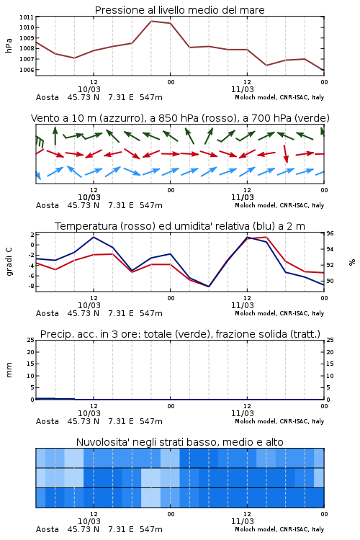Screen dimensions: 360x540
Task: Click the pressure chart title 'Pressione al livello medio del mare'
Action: (x=179, y=10)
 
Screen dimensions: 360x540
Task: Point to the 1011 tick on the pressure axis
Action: (x=27, y=17)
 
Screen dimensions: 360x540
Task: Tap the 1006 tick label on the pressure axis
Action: (x=27, y=70)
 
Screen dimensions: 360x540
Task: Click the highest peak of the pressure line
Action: (x=151, y=21)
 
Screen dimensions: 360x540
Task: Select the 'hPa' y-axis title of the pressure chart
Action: (x=9, y=45)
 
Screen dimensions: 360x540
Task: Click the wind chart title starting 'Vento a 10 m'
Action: (x=180, y=118)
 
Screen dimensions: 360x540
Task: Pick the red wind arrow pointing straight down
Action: (x=286, y=153)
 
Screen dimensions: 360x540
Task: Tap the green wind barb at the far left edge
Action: (x=40, y=142)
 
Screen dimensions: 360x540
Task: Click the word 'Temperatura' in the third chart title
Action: (x=86, y=226)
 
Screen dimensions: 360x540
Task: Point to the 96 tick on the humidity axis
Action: (x=330, y=233)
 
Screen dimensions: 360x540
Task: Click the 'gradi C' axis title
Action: (x=9, y=261)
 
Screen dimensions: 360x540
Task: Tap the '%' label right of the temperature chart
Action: (x=352, y=262)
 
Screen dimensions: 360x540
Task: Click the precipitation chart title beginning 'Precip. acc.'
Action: (x=180, y=334)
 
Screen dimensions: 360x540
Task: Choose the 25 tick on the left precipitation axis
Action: (x=31, y=341)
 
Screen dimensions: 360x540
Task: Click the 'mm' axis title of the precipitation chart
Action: (x=9, y=370)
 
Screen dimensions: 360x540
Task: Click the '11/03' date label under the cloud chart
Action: (x=242, y=521)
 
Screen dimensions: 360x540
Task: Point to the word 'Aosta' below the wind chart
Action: (x=48, y=205)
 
